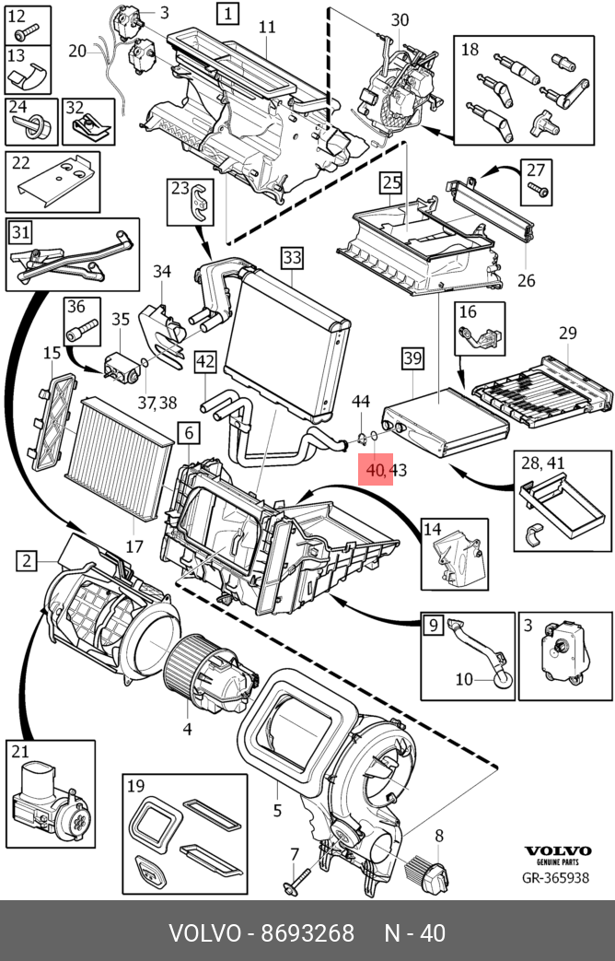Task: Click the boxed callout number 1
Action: click(226, 14)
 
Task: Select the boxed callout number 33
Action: click(292, 256)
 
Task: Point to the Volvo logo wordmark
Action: click(557, 851)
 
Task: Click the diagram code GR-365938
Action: click(557, 879)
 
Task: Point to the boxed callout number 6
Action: click(187, 432)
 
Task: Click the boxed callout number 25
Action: click(392, 182)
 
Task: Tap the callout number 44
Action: click(361, 402)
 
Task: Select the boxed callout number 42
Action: click(204, 362)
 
